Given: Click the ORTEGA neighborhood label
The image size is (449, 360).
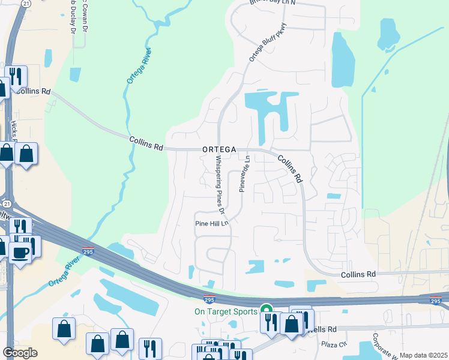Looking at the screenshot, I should pos(218,149).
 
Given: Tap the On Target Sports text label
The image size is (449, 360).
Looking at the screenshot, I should pos(225,311).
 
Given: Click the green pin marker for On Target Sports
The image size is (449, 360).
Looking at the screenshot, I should pos(266,310).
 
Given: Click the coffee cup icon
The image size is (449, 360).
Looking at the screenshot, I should pos(19,253).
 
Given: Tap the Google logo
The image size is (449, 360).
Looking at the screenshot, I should pos(20,353).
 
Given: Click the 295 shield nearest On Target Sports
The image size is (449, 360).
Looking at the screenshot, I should pos(209,299).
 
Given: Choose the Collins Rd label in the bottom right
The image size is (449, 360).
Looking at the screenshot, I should pos(358,274).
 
